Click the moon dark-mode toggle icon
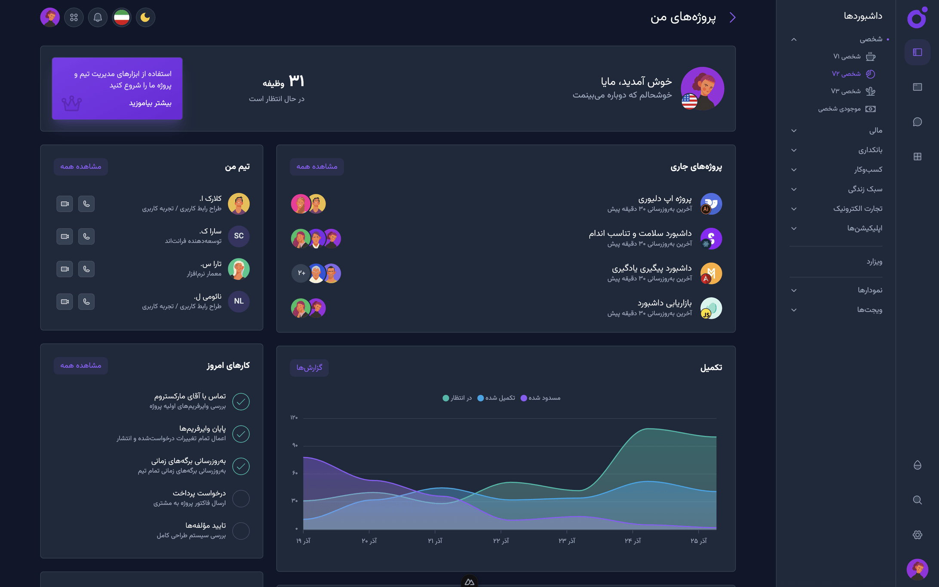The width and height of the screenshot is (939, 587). [x=145, y=18]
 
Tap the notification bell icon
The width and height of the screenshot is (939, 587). [x=98, y=18]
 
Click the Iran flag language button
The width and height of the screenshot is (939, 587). [x=122, y=18]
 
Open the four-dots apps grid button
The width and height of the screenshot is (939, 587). [x=74, y=18]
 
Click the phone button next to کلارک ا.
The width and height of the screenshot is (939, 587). [x=86, y=204]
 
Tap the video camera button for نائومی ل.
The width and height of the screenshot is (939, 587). [x=64, y=301]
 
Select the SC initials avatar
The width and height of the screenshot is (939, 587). [x=239, y=236]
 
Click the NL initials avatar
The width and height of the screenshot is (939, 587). [x=239, y=301]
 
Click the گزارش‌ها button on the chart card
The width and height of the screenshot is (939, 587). [x=309, y=368]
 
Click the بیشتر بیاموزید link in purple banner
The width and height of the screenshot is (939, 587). [x=150, y=103]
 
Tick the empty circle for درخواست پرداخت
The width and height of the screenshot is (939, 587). [x=241, y=498]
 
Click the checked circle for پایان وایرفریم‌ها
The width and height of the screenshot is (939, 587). [x=241, y=434]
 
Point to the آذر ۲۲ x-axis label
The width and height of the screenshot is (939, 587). [x=501, y=541]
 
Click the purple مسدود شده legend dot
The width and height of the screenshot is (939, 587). [x=524, y=398]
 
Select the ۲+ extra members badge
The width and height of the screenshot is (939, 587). [x=301, y=273]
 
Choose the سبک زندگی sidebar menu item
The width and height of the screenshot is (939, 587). [x=865, y=189]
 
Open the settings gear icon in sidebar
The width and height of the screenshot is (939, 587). [x=917, y=535]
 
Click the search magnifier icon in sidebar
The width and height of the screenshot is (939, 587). [x=917, y=500]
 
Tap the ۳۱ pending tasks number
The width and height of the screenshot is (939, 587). [x=296, y=81]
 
